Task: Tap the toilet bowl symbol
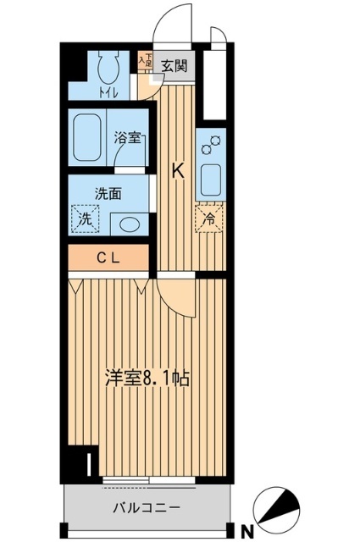tap(108, 67)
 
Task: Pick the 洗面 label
tap(108, 193)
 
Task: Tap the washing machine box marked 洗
tap(86, 219)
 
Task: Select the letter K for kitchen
tap(178, 169)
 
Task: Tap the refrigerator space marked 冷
tap(208, 217)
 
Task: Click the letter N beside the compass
tap(248, 531)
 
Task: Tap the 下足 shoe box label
tap(146, 60)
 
